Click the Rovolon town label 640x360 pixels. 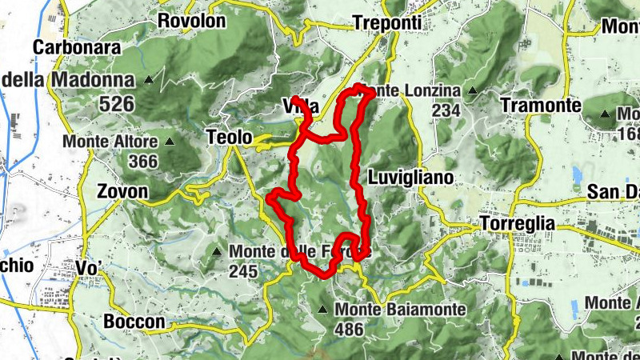click(x=192, y=21)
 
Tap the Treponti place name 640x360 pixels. click(x=386, y=23)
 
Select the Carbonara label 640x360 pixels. click(x=77, y=47)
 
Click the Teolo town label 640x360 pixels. click(x=230, y=137)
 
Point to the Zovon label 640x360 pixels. click(x=122, y=192)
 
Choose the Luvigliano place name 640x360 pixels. click(x=411, y=177)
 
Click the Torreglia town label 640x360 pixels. click(x=518, y=224)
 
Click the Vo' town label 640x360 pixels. click(x=90, y=267)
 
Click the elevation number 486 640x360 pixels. click(x=350, y=329)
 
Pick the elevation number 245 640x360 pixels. click(x=242, y=272)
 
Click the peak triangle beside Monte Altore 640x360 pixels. click(x=170, y=142)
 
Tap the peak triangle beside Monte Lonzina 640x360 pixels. click(x=472, y=91)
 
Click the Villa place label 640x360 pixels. click(x=301, y=107)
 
